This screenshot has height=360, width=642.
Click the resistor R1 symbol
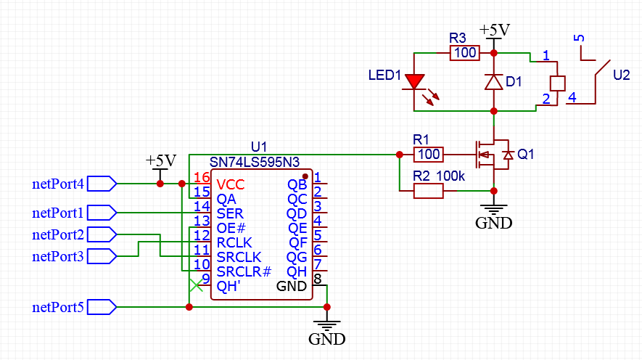pos(428,154)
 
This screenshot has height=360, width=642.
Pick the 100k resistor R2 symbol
pos(428,191)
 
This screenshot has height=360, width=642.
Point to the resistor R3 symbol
pos(464,53)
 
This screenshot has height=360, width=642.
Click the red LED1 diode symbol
pos(415,82)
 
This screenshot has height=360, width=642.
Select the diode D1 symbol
pos(494,82)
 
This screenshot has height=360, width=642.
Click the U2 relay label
pos(622,75)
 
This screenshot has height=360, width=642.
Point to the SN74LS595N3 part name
pos(254,161)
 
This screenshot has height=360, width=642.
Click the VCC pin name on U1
pos(231,184)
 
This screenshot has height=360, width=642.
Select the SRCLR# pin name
pos(244,271)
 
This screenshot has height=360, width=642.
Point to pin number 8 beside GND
pos(318,279)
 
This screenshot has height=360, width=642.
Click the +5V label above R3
pos(495,30)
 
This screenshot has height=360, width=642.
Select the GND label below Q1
pos(493,223)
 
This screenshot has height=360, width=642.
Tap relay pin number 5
pos(578,38)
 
